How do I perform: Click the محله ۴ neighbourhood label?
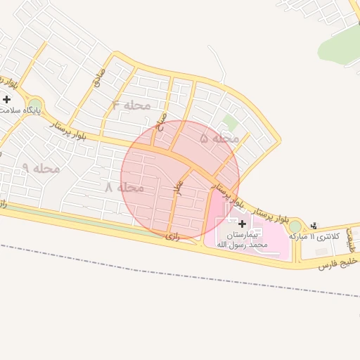131,105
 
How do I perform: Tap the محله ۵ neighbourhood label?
219,139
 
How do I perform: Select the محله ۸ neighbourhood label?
124,188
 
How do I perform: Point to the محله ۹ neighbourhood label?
40,168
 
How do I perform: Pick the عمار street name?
178,187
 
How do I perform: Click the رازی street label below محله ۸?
173,236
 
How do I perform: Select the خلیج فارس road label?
338,263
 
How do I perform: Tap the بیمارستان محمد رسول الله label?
243,238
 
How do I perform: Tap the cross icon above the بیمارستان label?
243,223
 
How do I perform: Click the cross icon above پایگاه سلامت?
6,99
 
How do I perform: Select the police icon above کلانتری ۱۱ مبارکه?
314,225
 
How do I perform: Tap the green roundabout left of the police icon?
295,226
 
